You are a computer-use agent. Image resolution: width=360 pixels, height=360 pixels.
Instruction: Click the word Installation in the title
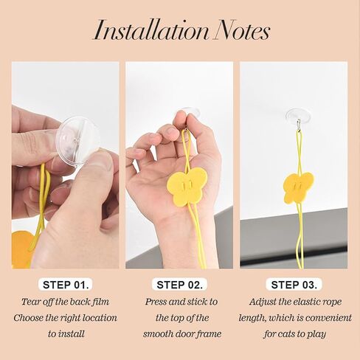(151, 31)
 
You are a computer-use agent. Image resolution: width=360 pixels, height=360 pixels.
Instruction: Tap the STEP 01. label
(66, 285)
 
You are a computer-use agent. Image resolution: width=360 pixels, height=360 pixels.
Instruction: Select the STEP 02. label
(180, 285)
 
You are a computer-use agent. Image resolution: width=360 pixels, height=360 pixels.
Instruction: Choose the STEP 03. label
(294, 285)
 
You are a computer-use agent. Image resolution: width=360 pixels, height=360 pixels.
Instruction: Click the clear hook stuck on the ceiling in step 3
(298, 117)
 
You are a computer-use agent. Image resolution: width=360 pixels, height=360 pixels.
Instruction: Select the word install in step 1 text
(72, 334)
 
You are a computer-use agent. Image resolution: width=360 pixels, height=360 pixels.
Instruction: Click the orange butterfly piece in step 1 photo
(21, 249)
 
